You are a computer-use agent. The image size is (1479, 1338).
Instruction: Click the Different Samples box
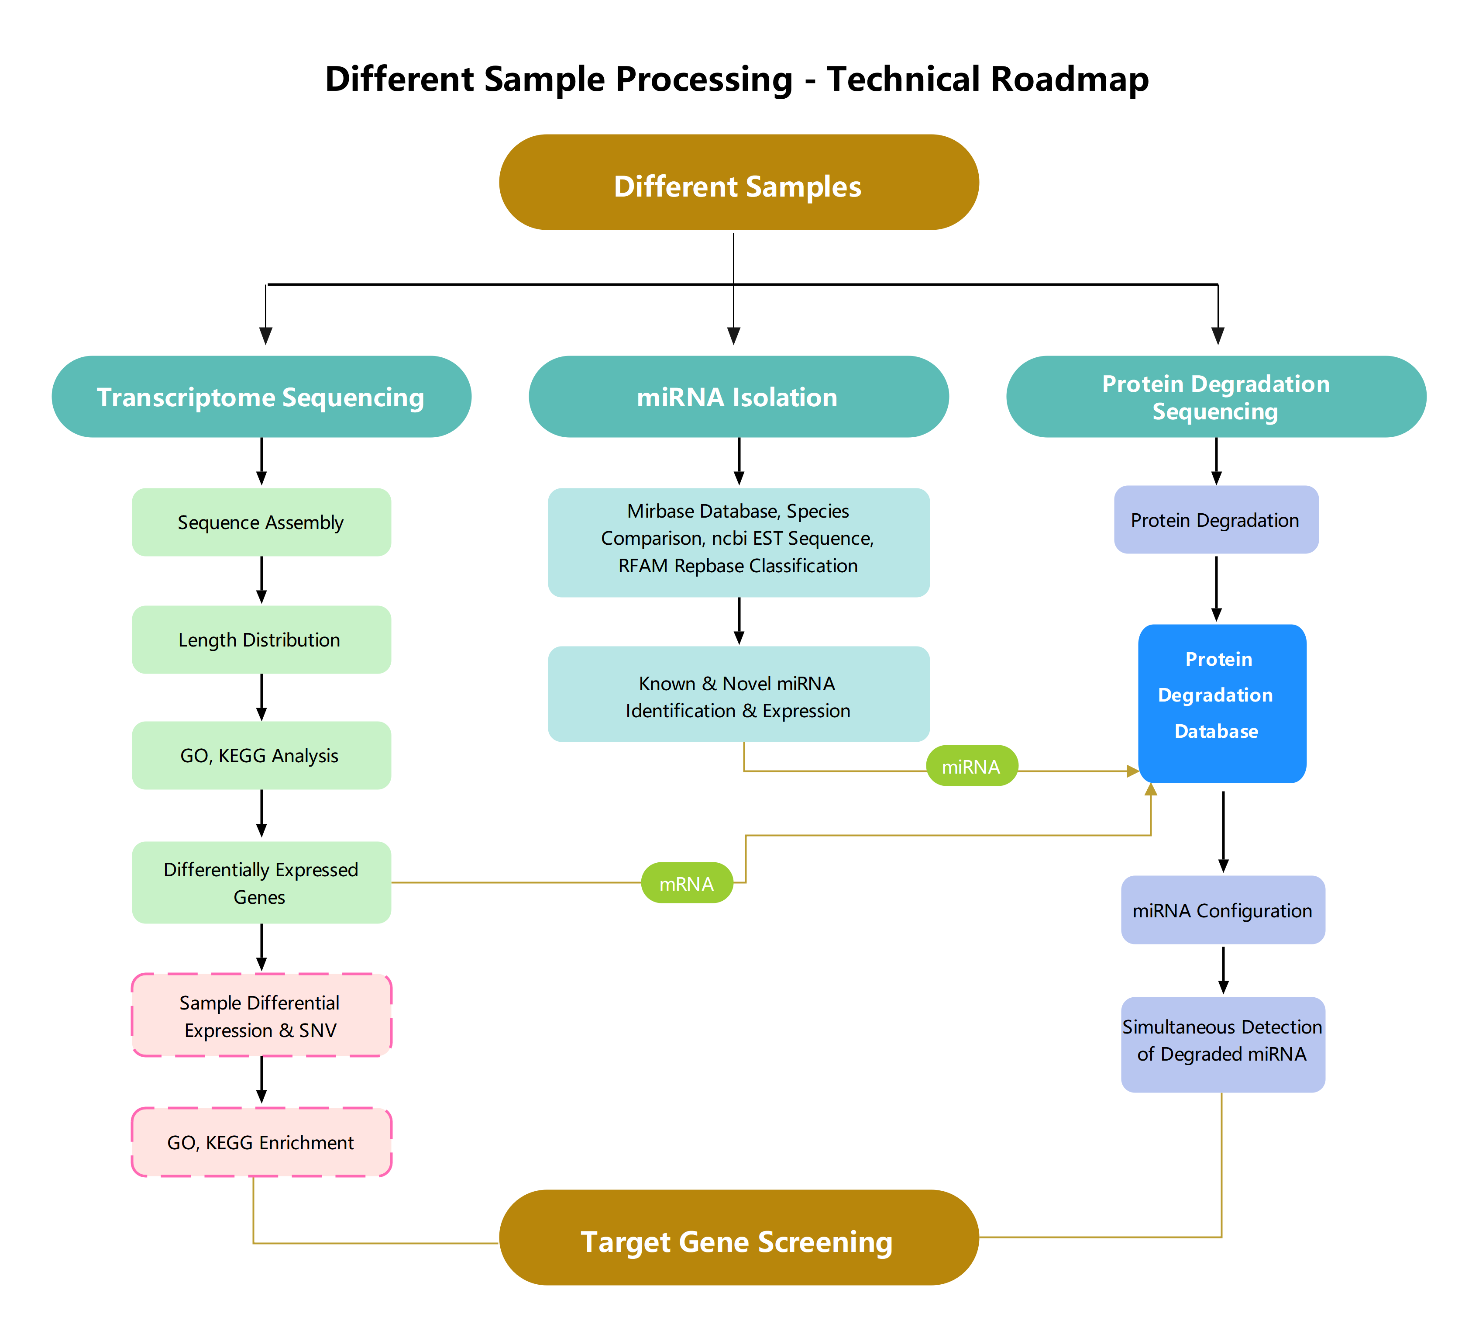click(738, 183)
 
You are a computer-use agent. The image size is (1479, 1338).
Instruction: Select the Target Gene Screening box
click(738, 1238)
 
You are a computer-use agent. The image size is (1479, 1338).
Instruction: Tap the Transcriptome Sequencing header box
click(261, 397)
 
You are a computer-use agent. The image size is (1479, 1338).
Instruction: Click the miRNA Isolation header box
click(738, 397)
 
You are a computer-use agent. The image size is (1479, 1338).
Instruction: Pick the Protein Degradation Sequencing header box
click(1216, 397)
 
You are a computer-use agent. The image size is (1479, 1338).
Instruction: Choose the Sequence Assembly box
click(261, 522)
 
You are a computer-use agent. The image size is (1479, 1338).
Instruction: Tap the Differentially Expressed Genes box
click(261, 883)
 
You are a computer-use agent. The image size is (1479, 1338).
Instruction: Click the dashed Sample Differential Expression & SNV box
click(261, 1016)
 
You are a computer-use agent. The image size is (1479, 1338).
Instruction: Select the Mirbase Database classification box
click(738, 543)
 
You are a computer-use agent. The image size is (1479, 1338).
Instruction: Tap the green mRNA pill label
click(687, 883)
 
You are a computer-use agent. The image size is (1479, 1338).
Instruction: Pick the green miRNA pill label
click(971, 766)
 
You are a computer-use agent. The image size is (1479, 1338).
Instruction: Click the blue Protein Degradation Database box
click(1221, 703)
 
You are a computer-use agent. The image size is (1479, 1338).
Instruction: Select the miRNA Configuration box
click(1222, 910)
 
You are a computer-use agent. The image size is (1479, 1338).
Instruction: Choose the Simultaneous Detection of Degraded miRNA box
click(1222, 1044)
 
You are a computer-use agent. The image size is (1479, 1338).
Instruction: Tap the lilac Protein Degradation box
click(1216, 520)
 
